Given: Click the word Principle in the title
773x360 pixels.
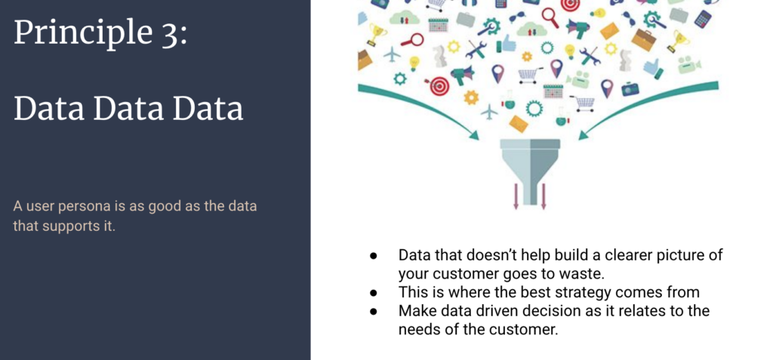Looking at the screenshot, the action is (x=83, y=33).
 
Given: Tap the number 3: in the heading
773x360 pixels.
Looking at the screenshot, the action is (x=174, y=32).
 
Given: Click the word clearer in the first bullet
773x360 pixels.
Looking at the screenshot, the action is (x=627, y=255).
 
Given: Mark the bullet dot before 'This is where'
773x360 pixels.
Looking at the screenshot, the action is (x=374, y=293).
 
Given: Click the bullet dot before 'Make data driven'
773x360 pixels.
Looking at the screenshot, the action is (x=374, y=312).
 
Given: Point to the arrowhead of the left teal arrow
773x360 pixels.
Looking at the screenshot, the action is (x=474, y=134).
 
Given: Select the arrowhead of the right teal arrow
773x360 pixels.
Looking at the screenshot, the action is (x=585, y=134).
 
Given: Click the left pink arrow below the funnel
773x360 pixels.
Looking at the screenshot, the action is (x=516, y=196).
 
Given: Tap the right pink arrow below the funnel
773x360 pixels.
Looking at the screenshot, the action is (x=544, y=196).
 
